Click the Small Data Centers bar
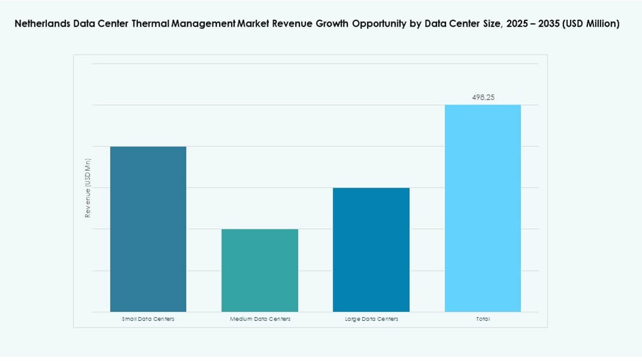148,229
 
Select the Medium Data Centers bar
260,270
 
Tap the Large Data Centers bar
371,249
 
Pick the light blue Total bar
483,208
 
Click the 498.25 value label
483,97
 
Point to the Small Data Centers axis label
148,319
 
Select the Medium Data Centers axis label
260,319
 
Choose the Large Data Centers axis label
371,319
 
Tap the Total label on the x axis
483,319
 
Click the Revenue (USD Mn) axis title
88,188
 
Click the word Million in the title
601,24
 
